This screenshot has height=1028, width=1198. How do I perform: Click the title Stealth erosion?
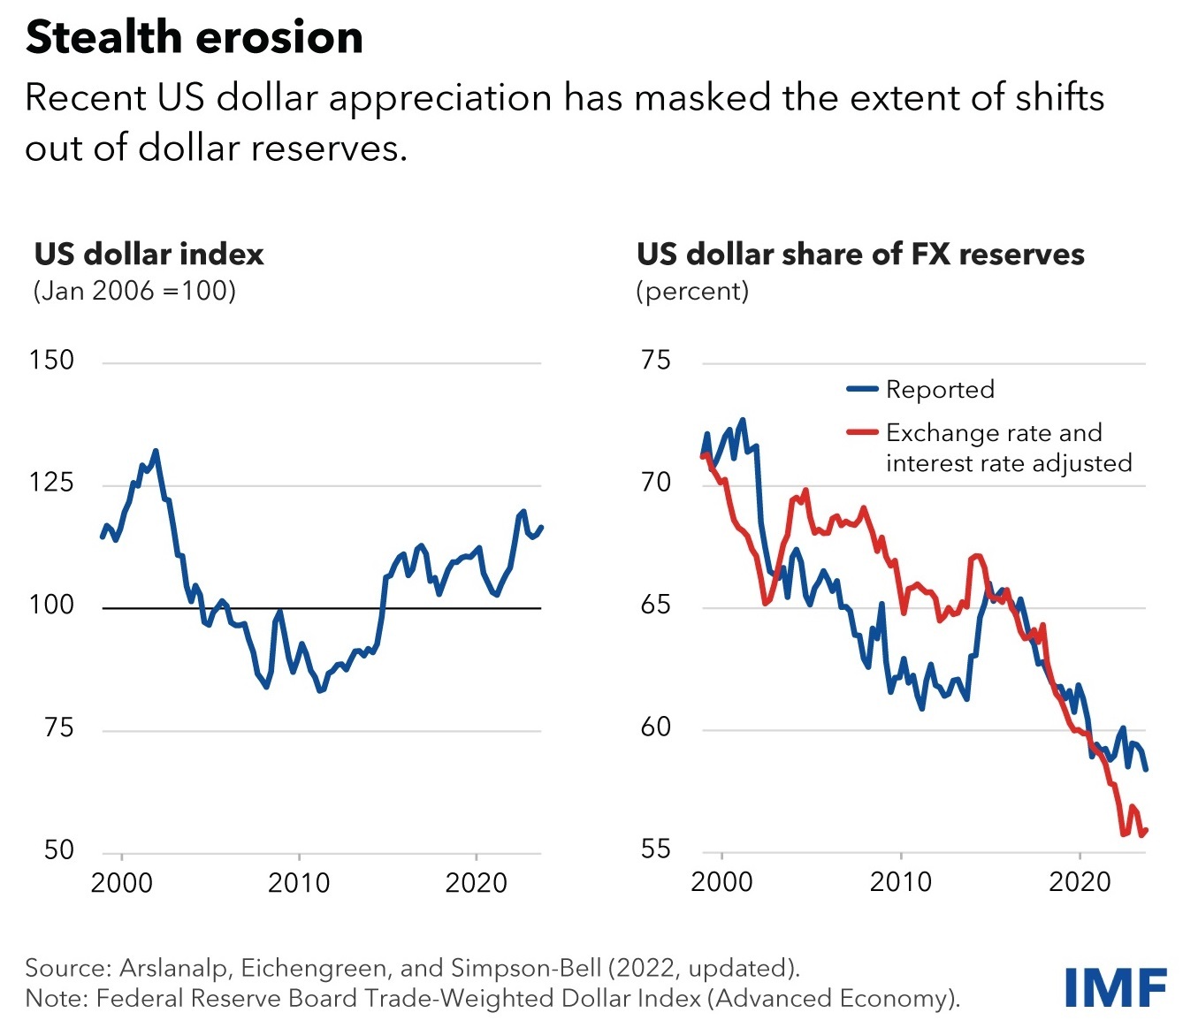click(195, 38)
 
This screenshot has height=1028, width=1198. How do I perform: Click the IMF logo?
click(1115, 987)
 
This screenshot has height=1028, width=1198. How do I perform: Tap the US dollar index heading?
click(149, 255)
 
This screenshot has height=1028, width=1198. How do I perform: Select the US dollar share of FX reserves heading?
click(860, 255)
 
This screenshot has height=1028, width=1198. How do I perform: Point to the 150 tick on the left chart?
click(51, 361)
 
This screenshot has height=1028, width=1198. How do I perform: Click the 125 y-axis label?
click(51, 483)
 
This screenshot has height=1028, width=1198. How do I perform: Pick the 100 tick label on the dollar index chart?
click(51, 605)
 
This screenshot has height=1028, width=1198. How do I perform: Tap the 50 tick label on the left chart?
click(58, 850)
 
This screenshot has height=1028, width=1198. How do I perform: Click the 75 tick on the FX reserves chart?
click(655, 361)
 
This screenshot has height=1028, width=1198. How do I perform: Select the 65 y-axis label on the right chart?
click(655, 605)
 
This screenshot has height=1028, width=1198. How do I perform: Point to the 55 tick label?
click(655, 850)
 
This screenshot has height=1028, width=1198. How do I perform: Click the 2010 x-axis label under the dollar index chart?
click(299, 883)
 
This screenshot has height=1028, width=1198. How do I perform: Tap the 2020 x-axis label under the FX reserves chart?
click(1079, 882)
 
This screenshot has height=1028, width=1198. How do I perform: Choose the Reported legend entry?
click(939, 390)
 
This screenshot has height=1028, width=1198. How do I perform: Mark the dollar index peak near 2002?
click(156, 452)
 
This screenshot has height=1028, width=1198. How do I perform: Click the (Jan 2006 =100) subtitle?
click(134, 291)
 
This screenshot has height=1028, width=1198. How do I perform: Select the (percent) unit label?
click(692, 291)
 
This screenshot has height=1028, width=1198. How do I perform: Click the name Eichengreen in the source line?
click(314, 968)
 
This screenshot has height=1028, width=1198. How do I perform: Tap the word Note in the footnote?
click(55, 999)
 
